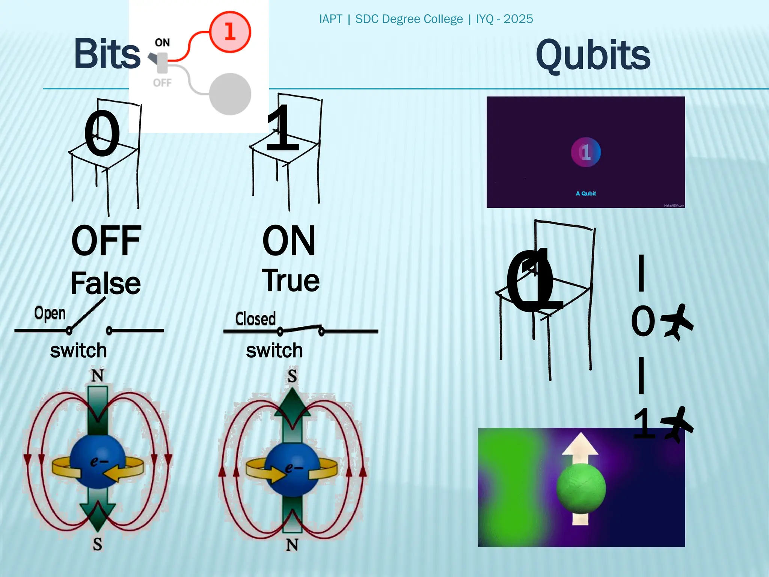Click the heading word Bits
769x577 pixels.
point(107,54)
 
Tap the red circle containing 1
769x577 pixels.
point(229,32)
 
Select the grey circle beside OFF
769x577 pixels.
point(229,94)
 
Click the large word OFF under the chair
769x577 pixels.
point(106,241)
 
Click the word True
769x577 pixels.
point(291,281)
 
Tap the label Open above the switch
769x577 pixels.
point(50,313)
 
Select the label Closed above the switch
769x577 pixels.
point(255,319)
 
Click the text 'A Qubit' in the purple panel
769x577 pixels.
point(586,193)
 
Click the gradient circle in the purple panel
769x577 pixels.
point(586,152)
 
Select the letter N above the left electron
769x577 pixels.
point(97,375)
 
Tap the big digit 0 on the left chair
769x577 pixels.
point(102,133)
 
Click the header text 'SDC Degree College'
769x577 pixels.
point(409,19)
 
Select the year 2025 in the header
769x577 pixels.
point(518,19)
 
